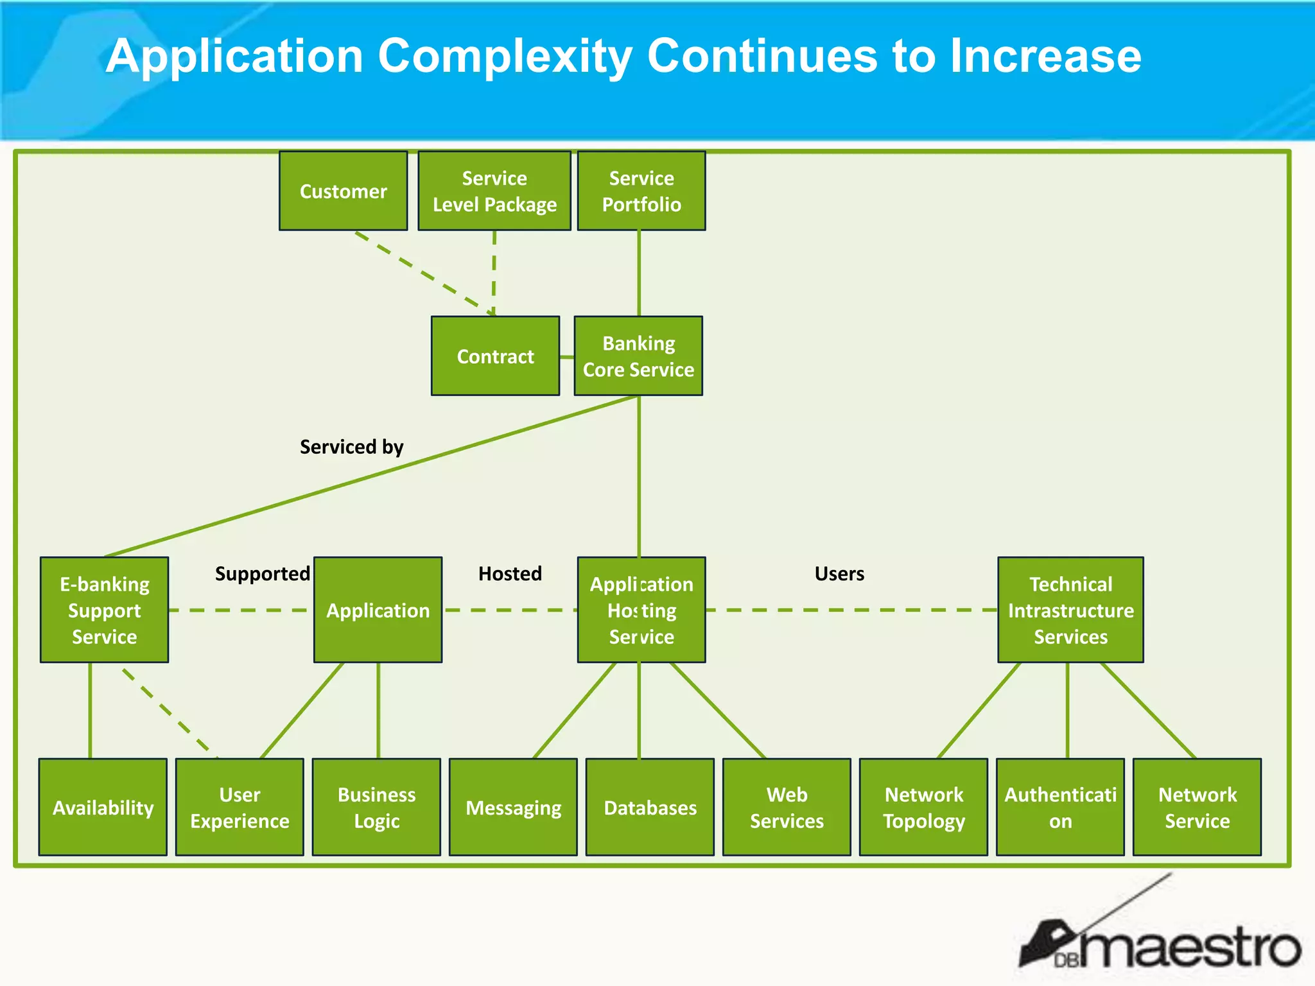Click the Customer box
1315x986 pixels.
tap(343, 191)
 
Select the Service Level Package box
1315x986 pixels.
tap(494, 191)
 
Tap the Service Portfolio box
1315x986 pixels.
tap(641, 191)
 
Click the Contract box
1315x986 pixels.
tap(495, 356)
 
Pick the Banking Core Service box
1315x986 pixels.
tap(638, 356)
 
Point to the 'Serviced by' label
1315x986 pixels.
tap(351, 446)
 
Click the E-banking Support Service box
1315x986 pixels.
tap(104, 610)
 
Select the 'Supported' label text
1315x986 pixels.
tap(262, 573)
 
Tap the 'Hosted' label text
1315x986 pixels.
tap(510, 573)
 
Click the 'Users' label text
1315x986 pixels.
tap(839, 573)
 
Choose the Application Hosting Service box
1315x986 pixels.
tap(641, 610)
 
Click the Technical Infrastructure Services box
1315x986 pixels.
tap(1070, 610)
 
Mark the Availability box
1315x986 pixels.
tap(103, 807)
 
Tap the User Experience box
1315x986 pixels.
tap(239, 807)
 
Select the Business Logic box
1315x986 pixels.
tap(376, 807)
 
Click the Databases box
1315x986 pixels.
tap(650, 807)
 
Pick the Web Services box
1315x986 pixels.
tap(787, 807)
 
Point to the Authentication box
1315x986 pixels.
tap(1060, 807)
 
